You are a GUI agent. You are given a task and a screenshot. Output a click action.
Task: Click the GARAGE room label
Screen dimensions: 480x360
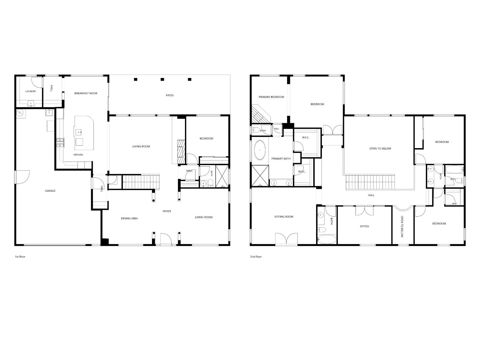50,191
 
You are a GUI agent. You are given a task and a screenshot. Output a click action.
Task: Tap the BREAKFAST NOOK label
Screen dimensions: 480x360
86,93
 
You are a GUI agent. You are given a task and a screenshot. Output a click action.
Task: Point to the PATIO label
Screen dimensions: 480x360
170,95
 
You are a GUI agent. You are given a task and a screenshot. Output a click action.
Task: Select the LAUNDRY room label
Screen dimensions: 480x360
31,92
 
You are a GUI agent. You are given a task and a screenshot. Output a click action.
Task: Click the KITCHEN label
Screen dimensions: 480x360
78,155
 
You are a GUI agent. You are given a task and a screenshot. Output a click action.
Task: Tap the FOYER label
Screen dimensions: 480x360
167,211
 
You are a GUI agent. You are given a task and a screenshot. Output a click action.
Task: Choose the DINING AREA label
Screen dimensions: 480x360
129,218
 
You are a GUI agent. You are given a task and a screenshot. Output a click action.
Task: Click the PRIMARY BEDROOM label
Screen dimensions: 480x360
271,97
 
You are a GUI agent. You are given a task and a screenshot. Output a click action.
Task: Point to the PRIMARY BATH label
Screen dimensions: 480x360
281,159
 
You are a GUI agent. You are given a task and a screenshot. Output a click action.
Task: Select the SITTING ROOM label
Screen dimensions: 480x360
284,217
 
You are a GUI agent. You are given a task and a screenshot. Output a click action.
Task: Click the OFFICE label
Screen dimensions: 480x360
364,226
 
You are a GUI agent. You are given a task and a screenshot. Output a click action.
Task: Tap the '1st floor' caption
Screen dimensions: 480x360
20,257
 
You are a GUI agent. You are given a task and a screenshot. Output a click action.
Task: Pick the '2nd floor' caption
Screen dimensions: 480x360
256,257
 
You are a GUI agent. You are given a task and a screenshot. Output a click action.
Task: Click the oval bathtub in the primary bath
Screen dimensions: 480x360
260,150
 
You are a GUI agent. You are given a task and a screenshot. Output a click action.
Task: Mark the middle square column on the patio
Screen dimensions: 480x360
162,79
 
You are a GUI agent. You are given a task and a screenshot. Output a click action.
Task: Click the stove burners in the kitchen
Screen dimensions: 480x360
60,142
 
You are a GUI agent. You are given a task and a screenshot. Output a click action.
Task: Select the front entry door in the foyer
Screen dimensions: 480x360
165,239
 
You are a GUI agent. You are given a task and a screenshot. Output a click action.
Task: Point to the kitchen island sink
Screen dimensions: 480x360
79,132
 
